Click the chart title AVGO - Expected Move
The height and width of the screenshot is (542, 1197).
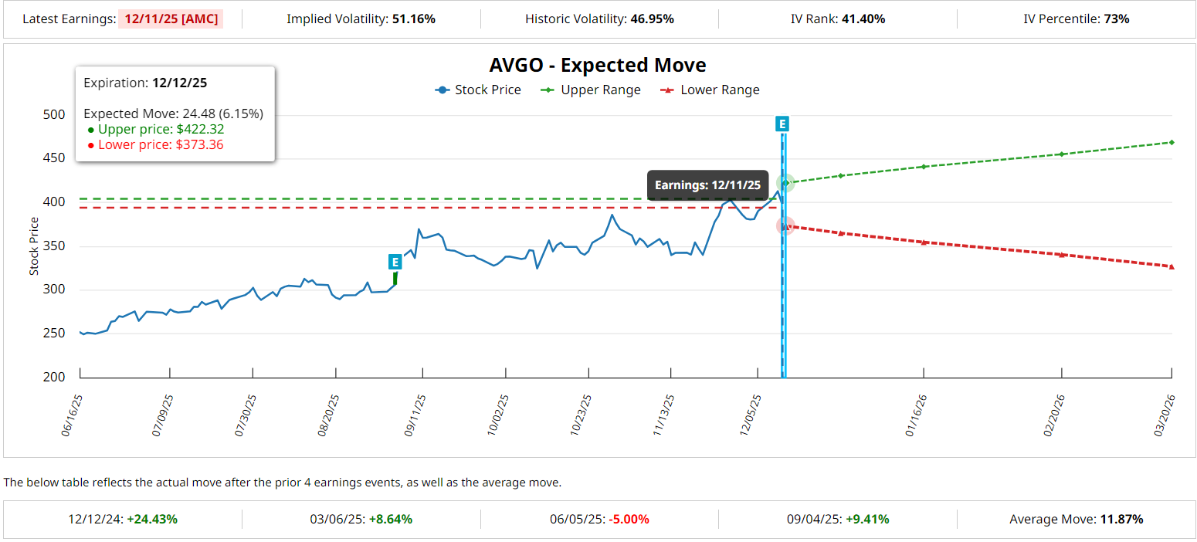coord(598,65)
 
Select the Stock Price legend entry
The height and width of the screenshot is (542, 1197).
coord(478,90)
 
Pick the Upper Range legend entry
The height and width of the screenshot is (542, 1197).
coord(592,90)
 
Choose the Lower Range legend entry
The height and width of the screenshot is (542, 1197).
coord(710,90)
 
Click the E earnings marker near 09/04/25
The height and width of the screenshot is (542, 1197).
coord(395,262)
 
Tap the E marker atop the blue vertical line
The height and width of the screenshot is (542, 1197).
coord(782,124)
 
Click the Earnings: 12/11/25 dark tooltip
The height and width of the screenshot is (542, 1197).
coord(707,185)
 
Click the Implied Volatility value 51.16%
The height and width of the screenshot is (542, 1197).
coord(413,19)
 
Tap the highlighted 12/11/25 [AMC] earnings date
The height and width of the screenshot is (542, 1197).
coord(170,19)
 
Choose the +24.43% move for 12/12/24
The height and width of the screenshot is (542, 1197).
coord(153,519)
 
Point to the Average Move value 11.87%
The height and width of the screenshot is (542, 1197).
coord(1119,519)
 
